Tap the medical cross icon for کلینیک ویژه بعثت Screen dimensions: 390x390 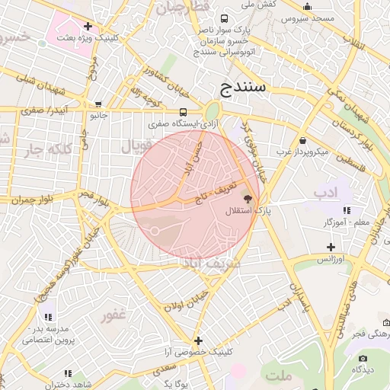[x=88, y=26]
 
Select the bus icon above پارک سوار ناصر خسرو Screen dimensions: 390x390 [x=223, y=18]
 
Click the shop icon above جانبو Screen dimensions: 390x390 [x=98, y=105]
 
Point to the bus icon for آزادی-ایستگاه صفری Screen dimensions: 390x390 [x=180, y=112]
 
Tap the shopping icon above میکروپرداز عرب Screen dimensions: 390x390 [x=303, y=140]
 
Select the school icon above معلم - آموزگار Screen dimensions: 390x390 [x=347, y=210]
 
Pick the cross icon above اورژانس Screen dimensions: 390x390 [x=331, y=247]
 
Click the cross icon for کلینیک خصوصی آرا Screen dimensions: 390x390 [x=199, y=340]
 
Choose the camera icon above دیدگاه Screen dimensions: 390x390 [x=363, y=358]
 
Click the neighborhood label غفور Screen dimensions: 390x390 [x=113, y=315]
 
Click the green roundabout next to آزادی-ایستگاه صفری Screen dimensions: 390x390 [x=213, y=112]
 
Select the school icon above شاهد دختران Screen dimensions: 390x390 [x=68, y=373]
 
